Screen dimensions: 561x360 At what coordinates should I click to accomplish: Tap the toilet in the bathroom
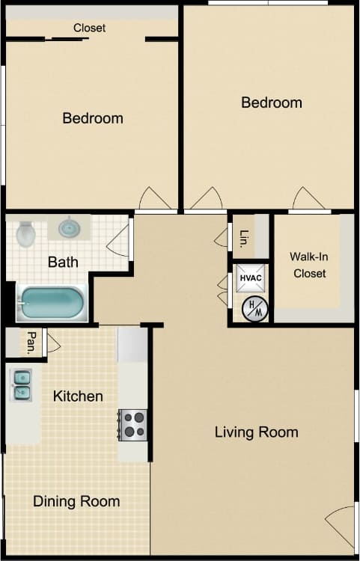26,233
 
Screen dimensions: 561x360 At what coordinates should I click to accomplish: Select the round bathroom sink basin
70,227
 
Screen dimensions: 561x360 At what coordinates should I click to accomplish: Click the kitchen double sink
21,384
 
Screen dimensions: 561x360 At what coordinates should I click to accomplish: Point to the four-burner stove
134,424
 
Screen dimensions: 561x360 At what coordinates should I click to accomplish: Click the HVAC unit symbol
249,278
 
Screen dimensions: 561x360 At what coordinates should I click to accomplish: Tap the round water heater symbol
254,309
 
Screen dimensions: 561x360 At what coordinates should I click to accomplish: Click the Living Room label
256,432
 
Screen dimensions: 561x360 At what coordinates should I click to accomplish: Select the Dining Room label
76,501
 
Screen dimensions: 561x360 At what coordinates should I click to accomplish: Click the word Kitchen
78,396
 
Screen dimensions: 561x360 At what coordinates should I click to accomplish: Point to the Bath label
63,262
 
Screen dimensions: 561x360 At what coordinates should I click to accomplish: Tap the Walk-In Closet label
309,265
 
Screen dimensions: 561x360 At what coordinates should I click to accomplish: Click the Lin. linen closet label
244,238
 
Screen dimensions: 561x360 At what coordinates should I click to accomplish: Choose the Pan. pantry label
32,342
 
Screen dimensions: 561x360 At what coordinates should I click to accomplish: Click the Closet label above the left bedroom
89,28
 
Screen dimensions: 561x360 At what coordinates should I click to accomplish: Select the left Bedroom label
93,117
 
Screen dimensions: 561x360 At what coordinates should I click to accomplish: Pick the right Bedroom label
271,102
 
